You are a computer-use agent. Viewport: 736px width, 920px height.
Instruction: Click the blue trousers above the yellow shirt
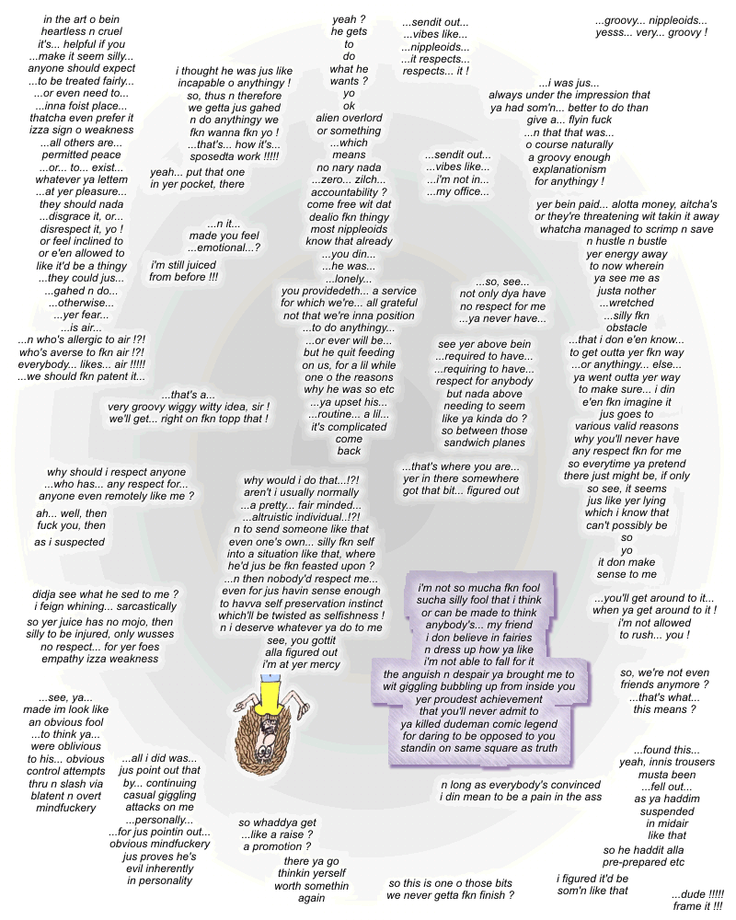pyautogui.click(x=269, y=678)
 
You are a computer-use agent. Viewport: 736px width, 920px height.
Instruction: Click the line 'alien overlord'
pyautogui.click(x=349, y=118)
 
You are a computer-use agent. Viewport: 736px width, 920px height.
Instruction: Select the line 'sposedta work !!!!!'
pyautogui.click(x=234, y=158)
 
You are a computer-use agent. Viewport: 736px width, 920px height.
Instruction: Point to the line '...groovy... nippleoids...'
pyautogui.click(x=651, y=19)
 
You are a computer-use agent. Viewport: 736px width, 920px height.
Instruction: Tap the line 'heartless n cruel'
pyautogui.click(x=82, y=31)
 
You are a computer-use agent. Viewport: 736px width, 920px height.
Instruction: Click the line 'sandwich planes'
pyautogui.click(x=484, y=443)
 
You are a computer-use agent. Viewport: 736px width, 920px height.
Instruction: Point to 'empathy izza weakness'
pyautogui.click(x=96, y=659)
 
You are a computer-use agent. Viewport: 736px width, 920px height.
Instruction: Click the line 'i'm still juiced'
pyautogui.click(x=183, y=265)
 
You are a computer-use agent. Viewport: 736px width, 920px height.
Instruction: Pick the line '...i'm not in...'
pyautogui.click(x=456, y=179)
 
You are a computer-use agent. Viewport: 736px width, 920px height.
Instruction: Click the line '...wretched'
pyautogui.click(x=627, y=303)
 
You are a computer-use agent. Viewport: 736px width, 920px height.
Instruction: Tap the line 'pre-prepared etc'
pyautogui.click(x=644, y=862)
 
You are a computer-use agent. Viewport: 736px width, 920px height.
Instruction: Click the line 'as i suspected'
pyautogui.click(x=70, y=542)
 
